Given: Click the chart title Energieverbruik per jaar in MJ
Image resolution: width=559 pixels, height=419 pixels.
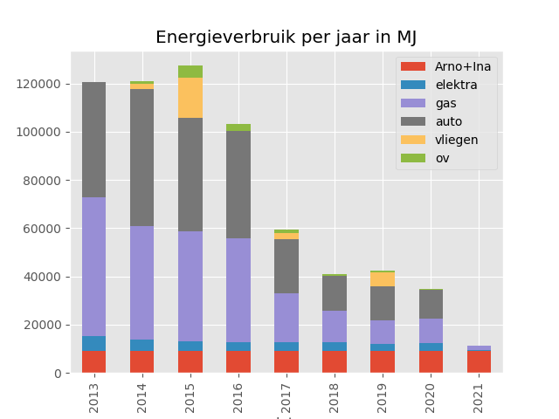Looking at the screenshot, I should tap(286, 38).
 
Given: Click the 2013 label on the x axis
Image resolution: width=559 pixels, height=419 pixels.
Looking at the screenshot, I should tap(93, 397).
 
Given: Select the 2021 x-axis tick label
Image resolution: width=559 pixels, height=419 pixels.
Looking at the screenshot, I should tap(479, 397).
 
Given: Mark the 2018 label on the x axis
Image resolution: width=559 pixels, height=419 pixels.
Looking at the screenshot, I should tap(335, 397).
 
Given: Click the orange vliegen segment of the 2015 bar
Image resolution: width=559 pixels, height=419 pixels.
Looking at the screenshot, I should tap(190, 98).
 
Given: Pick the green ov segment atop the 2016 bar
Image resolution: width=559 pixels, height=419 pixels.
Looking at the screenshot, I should tap(238, 127).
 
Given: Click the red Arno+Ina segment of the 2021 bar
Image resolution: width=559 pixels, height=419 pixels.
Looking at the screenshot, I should tap(479, 361).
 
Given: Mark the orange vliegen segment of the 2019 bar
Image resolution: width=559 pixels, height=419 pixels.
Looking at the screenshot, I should tap(383, 279).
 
